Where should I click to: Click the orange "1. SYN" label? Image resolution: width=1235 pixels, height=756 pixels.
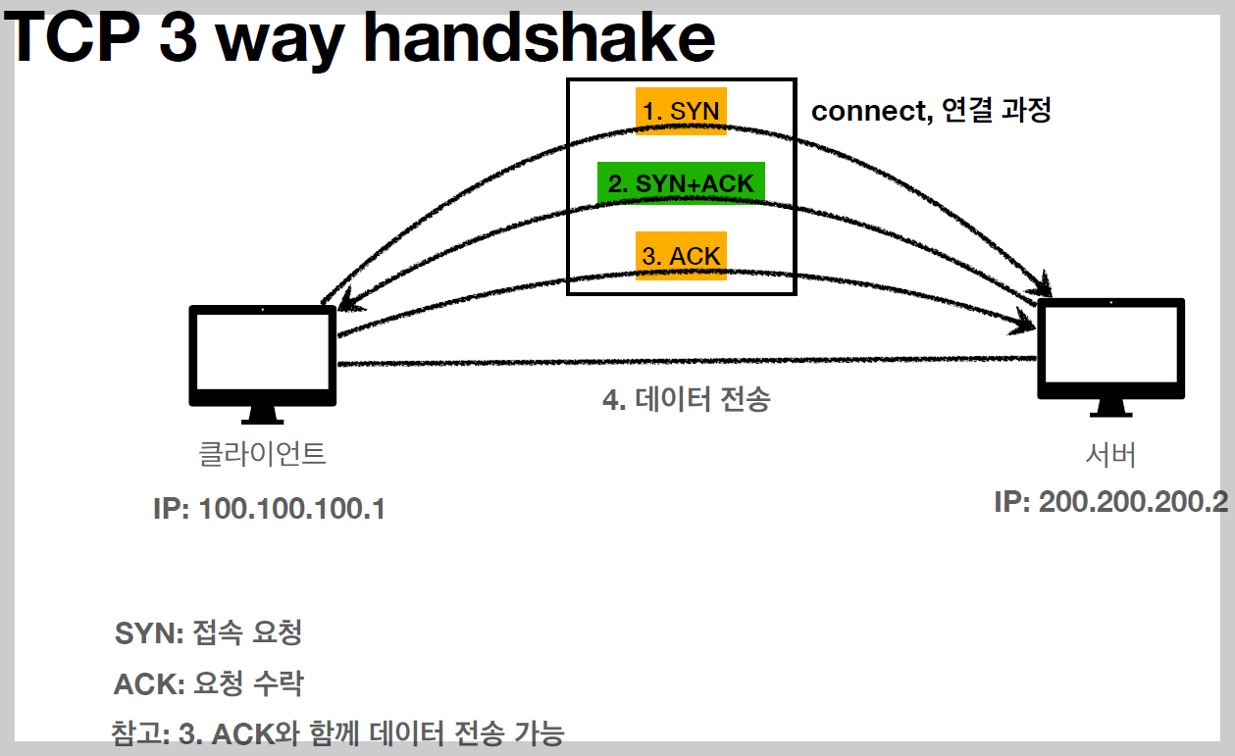[x=681, y=111]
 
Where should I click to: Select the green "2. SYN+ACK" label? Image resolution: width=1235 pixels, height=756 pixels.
[x=681, y=183]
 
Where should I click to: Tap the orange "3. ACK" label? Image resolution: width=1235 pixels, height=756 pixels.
[x=681, y=256]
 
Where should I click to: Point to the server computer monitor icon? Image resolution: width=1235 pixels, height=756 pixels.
[x=1111, y=348]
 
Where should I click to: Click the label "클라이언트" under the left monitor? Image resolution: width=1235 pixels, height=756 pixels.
[x=262, y=454]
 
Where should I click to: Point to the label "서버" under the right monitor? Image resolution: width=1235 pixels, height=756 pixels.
[x=1110, y=454]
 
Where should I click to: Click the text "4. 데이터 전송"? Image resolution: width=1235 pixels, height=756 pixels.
[x=686, y=400]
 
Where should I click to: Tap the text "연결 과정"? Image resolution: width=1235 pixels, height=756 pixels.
[x=996, y=111]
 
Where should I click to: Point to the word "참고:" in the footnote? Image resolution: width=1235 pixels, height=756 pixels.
[x=142, y=732]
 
